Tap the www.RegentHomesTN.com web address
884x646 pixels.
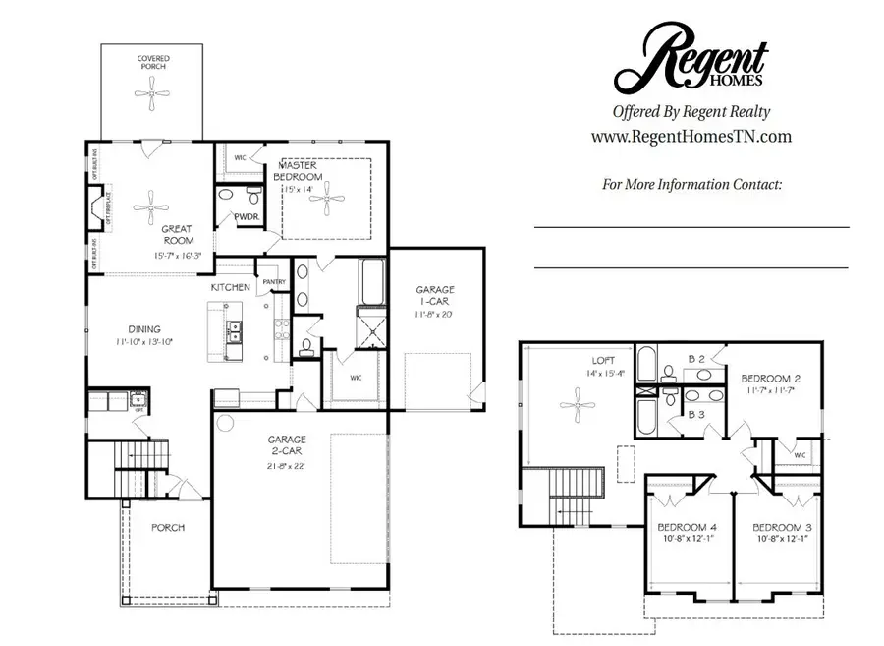coord(691,137)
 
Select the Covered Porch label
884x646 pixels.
coord(152,64)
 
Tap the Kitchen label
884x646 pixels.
coord(231,287)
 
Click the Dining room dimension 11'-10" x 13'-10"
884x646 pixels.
coord(143,342)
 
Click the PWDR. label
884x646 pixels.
coord(246,217)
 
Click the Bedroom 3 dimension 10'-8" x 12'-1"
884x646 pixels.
coord(785,540)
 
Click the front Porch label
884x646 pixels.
coord(168,528)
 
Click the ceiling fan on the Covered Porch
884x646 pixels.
coord(152,102)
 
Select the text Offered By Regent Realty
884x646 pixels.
coord(691,112)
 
